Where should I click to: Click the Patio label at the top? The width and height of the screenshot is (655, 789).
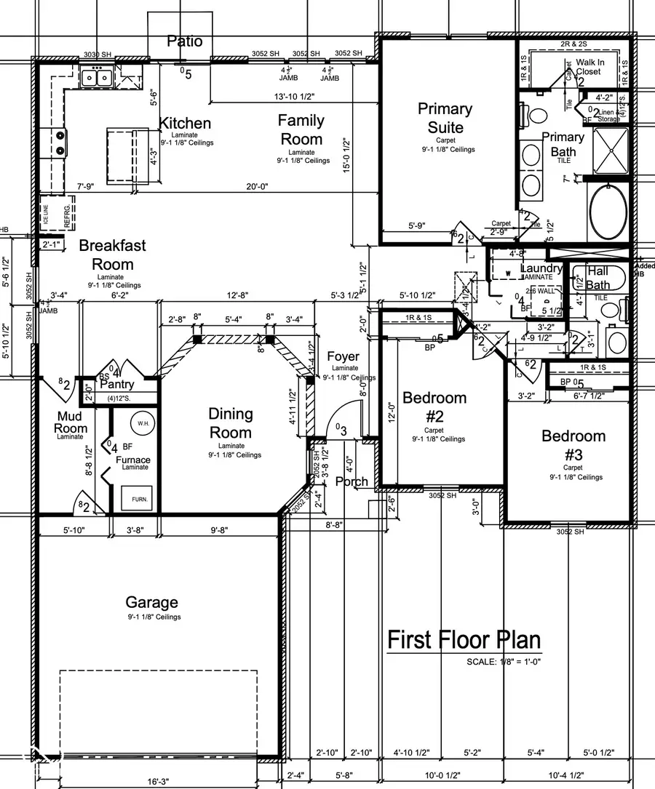(185, 41)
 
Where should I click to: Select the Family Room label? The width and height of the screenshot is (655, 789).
(301, 129)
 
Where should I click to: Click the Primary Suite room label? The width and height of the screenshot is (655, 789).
(445, 119)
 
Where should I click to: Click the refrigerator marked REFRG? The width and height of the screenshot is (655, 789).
(60, 215)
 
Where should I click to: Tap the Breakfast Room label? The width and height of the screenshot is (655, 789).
(112, 255)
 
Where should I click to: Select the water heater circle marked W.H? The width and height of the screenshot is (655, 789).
(140, 422)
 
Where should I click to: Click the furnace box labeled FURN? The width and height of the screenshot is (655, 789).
(138, 500)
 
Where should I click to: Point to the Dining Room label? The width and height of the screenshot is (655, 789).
(231, 423)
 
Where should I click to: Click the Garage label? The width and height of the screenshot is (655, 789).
(151, 602)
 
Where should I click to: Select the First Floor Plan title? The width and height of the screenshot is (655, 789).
(464, 640)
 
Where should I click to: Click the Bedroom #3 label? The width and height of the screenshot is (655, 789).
(573, 445)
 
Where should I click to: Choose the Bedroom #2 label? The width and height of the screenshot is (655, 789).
(434, 407)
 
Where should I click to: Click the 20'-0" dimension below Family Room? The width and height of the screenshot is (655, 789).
(257, 186)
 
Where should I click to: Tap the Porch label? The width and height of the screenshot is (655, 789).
(352, 481)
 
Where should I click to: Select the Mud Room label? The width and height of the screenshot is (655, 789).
(71, 422)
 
